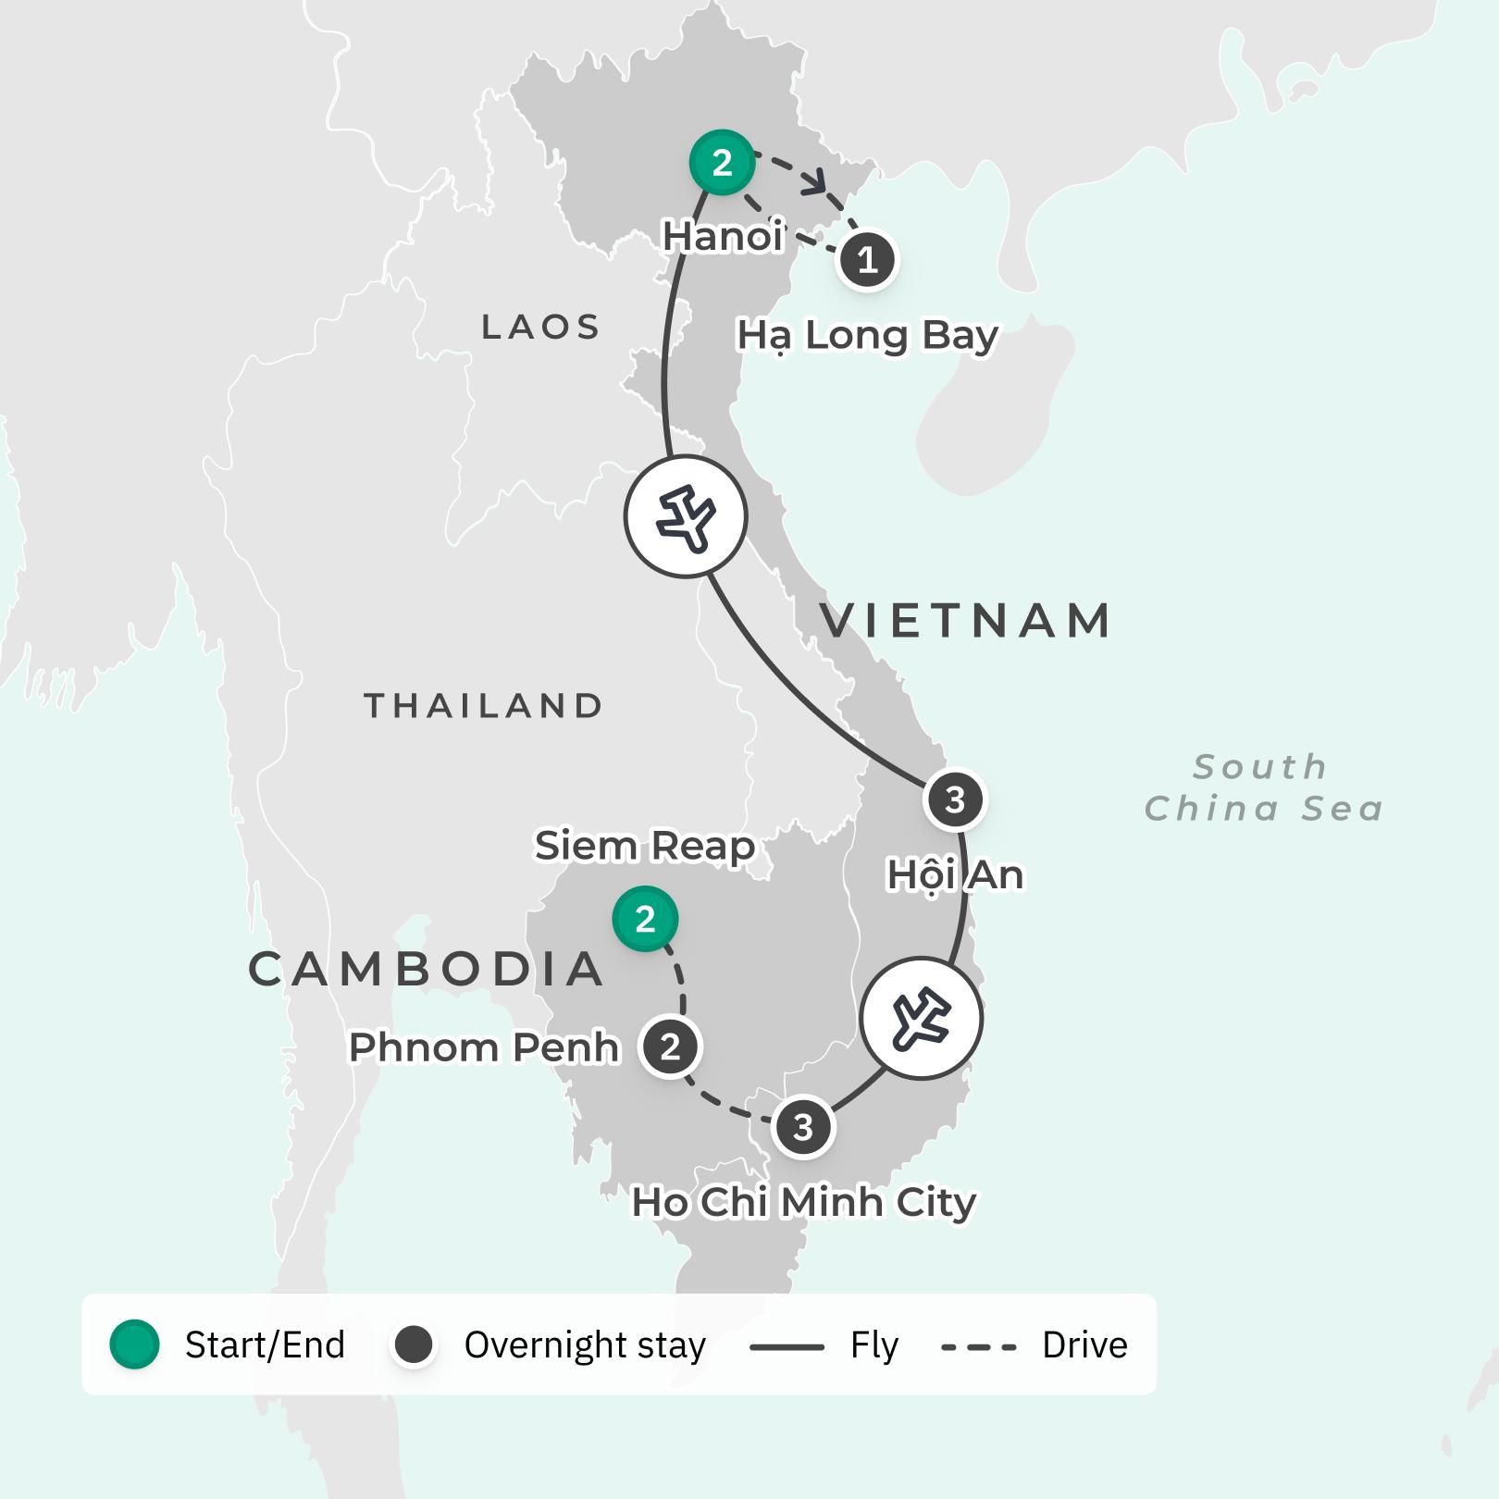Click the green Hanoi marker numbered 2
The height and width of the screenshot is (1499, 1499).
pos(722,163)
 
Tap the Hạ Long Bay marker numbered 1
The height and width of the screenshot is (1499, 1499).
pos(867,260)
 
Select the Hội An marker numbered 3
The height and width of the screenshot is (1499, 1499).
pos(955,799)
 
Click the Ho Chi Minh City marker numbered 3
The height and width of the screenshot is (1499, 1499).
pos(803,1127)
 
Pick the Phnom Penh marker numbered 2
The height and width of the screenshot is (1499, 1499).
pos(670,1047)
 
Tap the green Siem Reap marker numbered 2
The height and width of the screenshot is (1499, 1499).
pos(645,919)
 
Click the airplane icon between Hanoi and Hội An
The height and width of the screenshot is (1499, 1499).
pos(686,516)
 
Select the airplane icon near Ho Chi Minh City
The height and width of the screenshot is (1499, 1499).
pos(921,1018)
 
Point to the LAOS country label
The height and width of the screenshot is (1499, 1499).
pos(541,327)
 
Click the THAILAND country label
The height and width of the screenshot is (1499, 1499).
pos(484,706)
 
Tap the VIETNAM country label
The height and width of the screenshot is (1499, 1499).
pos(965,620)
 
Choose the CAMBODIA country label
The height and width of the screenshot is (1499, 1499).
pos(427,969)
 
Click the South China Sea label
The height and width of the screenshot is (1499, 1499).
pos(1263,787)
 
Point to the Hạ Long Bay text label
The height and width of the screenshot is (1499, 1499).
pos(867,335)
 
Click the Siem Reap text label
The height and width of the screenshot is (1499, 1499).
pos(645,846)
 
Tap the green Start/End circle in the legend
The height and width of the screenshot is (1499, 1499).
pos(135,1344)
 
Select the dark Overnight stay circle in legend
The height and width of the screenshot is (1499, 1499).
pos(414,1344)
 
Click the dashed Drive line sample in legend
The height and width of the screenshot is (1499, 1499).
pos(978,1347)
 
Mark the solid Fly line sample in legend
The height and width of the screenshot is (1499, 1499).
pos(787,1347)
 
